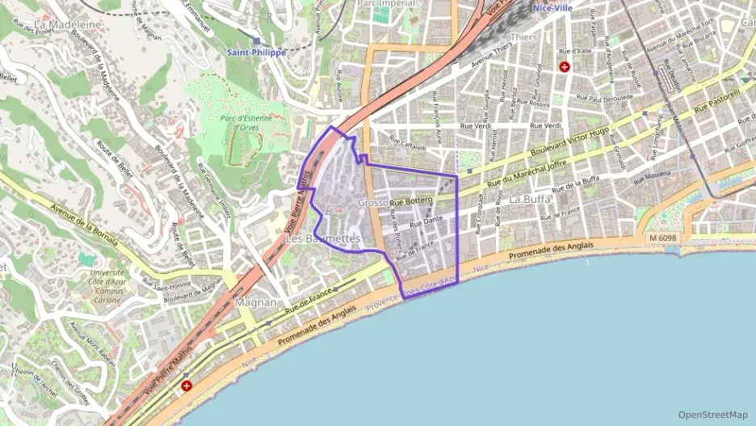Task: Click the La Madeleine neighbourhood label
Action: (x=68, y=24)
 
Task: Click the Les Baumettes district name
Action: (x=323, y=239)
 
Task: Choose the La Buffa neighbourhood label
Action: (x=531, y=199)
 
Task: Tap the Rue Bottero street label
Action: (x=412, y=200)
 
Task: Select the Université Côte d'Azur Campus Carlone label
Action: (x=109, y=285)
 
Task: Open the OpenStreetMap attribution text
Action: (x=712, y=415)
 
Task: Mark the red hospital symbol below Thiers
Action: (x=565, y=67)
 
